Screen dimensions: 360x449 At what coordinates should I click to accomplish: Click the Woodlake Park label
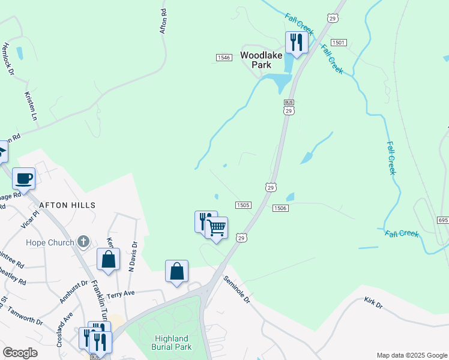pyautogui.click(x=261, y=59)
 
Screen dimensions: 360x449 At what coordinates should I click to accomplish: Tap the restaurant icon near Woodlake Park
pyautogui.click(x=296, y=43)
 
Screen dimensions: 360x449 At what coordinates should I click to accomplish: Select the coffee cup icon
pyautogui.click(x=23, y=178)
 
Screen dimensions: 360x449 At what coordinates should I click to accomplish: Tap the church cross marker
pyautogui.click(x=83, y=242)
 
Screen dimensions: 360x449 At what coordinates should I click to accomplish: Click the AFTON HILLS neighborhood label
pyautogui.click(x=67, y=205)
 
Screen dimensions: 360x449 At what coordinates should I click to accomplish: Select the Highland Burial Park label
pyautogui.click(x=172, y=343)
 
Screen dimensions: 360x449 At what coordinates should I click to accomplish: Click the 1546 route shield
pyautogui.click(x=224, y=57)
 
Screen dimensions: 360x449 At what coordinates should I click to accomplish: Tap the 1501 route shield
pyautogui.click(x=339, y=43)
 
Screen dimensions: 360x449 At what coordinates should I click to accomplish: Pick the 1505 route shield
pyautogui.click(x=243, y=205)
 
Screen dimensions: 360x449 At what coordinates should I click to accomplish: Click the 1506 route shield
pyautogui.click(x=280, y=208)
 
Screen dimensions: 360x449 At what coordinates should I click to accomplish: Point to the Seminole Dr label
pyautogui.click(x=236, y=289)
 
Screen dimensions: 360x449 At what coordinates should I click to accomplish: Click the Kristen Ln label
pyautogui.click(x=31, y=106)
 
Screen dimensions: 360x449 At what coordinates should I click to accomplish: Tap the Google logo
pyautogui.click(x=20, y=353)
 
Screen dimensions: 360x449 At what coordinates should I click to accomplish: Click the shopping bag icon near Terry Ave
pyautogui.click(x=177, y=271)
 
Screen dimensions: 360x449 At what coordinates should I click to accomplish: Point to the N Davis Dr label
pyautogui.click(x=133, y=257)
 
